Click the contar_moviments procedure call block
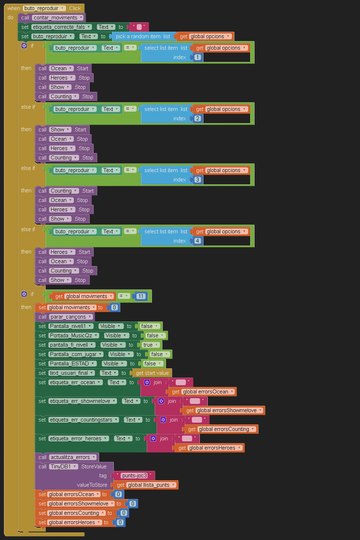coord(25,18)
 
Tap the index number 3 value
coord(197,180)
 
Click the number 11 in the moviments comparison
coord(141,296)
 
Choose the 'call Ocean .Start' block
coord(42,68)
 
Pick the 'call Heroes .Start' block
coord(42,252)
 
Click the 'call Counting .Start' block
coord(42,191)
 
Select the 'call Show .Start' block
coord(42,130)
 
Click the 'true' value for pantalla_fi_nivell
coord(148,345)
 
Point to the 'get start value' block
coord(152,373)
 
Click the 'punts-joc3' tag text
coord(134,476)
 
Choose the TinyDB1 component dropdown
coord(64,467)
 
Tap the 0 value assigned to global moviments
coord(114,307)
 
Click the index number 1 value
coord(198,57)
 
